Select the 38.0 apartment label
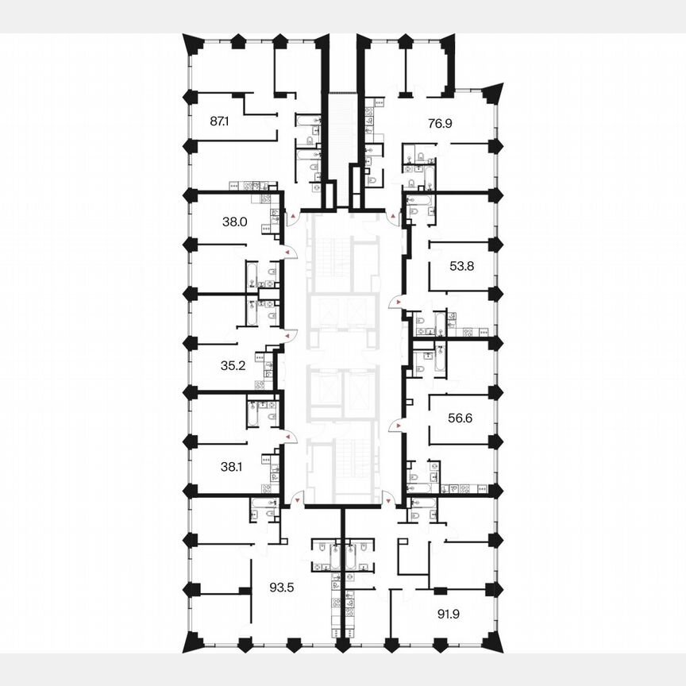pyautogui.click(x=236, y=223)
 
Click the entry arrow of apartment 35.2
pyautogui.click(x=287, y=337)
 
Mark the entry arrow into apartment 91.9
pyautogui.click(x=387, y=500)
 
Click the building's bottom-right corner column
pyautogui.click(x=494, y=642)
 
